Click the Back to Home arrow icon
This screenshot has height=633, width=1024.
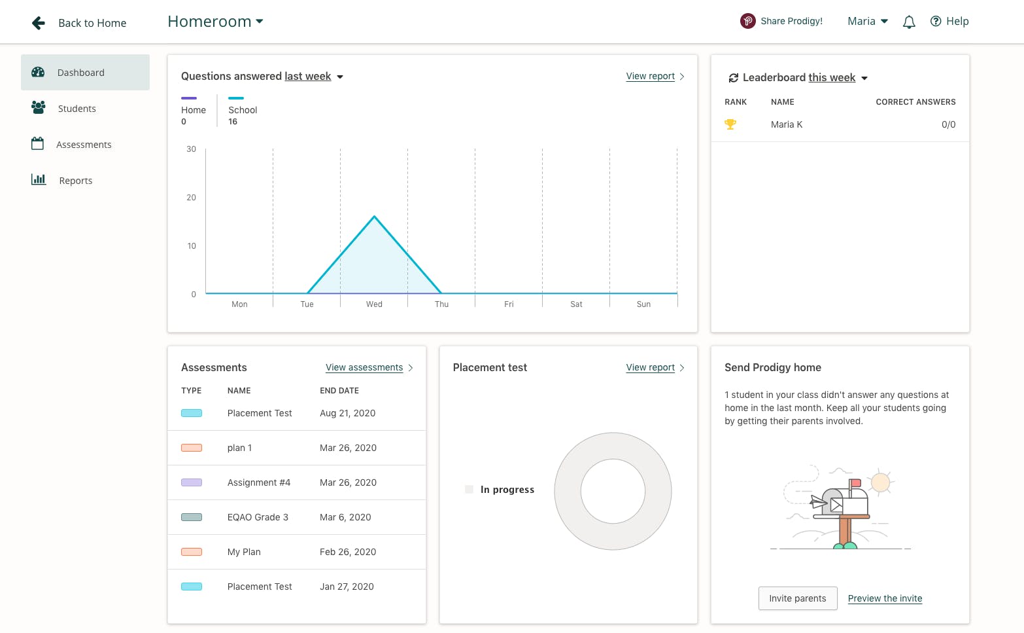click(39, 23)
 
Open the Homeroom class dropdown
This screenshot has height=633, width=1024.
click(215, 22)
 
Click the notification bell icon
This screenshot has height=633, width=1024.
click(908, 22)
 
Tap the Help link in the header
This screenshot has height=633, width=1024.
click(949, 22)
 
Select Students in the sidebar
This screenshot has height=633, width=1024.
click(77, 109)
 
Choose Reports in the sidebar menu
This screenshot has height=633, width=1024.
click(75, 181)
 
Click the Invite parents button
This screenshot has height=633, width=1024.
click(797, 598)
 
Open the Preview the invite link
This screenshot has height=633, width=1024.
click(885, 598)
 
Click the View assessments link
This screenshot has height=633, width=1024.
click(364, 368)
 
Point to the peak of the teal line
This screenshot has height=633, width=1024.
click(375, 216)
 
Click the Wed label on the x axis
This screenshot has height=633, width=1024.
click(374, 304)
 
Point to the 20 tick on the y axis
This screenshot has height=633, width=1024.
click(192, 198)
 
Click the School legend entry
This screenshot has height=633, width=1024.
click(243, 110)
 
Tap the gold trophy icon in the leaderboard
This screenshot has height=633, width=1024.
click(730, 124)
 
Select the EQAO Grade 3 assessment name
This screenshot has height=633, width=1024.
click(258, 517)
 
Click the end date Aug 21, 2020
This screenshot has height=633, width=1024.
click(347, 413)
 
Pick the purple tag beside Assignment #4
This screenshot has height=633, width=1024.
click(192, 482)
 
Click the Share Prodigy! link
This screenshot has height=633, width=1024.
click(791, 21)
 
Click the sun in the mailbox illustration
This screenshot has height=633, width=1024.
click(880, 482)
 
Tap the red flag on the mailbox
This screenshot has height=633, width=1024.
click(855, 483)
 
